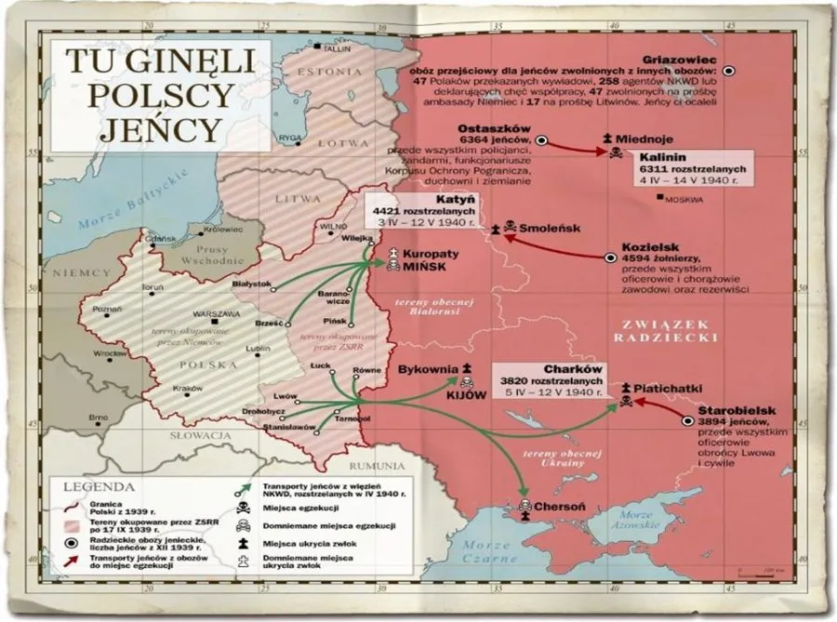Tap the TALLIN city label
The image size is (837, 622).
pyautogui.click(x=339, y=49)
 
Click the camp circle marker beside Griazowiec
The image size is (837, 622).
pyautogui.click(x=729, y=70)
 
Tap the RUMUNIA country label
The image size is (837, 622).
pyautogui.click(x=376, y=466)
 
